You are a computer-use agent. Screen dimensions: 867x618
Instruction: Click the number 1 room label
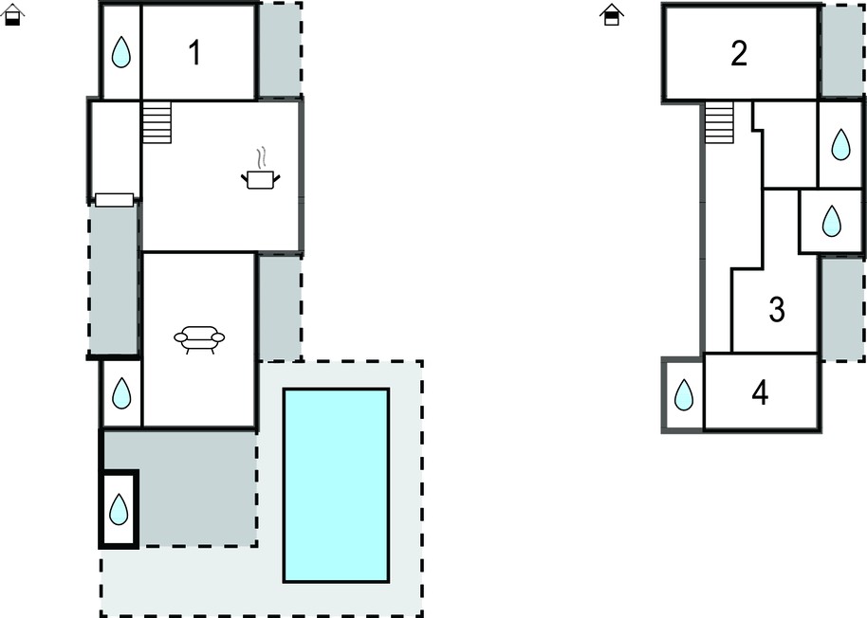[194, 53]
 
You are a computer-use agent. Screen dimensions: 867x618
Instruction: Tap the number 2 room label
[739, 53]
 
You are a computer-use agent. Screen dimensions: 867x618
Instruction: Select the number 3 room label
[777, 309]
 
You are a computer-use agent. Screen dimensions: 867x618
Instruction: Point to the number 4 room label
[760, 393]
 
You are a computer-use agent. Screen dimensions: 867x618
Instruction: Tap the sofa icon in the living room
[199, 338]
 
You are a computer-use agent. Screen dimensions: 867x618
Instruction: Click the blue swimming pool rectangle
[336, 485]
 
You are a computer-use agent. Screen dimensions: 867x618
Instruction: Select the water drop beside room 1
[121, 52]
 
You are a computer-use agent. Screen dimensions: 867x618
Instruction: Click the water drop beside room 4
[684, 395]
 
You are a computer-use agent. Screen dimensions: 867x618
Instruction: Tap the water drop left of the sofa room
[121, 393]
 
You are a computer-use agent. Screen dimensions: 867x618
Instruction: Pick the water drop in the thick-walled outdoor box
[119, 509]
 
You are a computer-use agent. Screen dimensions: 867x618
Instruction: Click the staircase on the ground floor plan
[157, 122]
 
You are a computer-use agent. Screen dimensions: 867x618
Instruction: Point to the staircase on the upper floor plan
[719, 122]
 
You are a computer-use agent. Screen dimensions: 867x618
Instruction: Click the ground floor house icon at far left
[12, 15]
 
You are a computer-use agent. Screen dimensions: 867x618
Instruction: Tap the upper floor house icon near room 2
[612, 15]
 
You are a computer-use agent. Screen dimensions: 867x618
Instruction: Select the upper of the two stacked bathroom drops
[840, 144]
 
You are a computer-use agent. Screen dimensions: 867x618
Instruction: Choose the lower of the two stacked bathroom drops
[832, 221]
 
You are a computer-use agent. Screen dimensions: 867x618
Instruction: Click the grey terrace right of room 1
[280, 50]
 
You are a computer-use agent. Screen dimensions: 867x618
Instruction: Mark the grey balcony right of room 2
[842, 51]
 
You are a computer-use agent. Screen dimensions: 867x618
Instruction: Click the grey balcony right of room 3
[842, 309]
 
